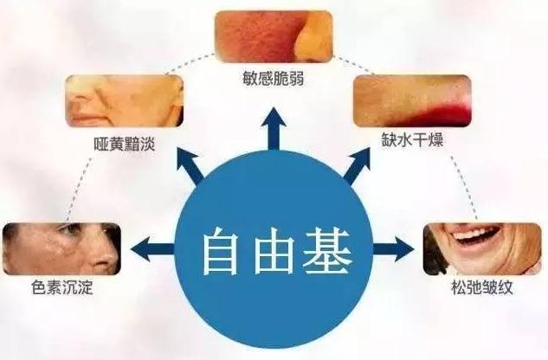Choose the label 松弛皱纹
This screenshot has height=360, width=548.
pos(482,286)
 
